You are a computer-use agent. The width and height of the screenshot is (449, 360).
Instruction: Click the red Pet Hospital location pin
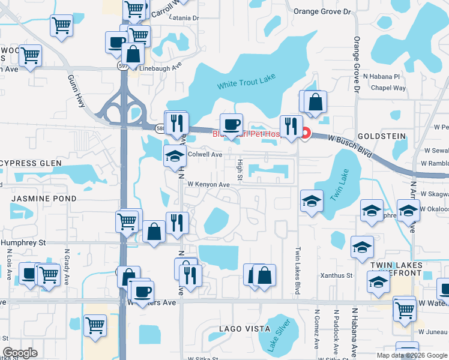(x=306, y=133)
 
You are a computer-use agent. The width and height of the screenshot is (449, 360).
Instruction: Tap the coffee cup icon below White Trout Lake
(x=231, y=125)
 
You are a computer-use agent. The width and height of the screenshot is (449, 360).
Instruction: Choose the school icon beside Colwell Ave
(x=175, y=155)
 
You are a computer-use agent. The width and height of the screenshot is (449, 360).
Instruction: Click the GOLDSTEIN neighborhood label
(x=382, y=136)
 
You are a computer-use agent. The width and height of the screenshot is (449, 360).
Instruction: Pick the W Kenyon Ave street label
(x=208, y=185)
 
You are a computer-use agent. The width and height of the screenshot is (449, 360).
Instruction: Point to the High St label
(x=239, y=169)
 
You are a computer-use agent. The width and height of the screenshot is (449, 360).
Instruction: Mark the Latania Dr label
(x=184, y=19)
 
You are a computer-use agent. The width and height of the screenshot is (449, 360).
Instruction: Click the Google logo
(x=20, y=353)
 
